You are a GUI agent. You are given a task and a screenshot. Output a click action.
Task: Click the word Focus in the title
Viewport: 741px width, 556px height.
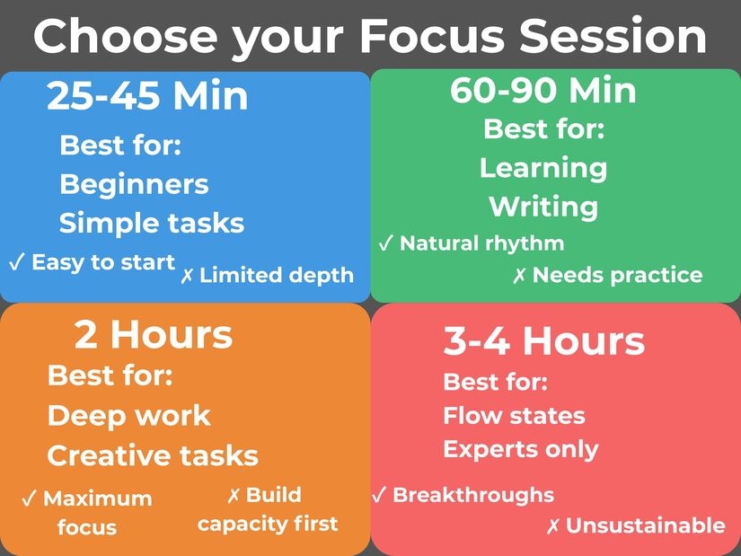pos(433,36)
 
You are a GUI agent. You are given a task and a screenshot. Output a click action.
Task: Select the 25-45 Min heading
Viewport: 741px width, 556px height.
pos(147,96)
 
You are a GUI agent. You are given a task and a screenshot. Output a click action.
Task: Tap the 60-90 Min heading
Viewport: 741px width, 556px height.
pos(543,90)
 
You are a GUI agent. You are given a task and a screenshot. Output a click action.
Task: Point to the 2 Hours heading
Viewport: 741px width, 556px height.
pos(153,335)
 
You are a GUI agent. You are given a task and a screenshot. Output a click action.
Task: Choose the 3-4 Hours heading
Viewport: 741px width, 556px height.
pos(543,341)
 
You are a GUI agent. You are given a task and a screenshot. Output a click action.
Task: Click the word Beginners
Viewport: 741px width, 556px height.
pos(134,184)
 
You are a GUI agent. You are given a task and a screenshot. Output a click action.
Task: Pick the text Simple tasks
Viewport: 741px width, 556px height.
pos(152,223)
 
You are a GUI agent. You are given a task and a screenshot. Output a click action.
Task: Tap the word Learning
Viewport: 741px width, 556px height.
pos(543,167)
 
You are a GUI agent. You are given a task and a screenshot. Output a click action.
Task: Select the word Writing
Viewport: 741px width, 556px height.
pos(543,207)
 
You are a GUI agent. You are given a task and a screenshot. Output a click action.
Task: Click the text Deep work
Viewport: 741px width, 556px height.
pos(128,416)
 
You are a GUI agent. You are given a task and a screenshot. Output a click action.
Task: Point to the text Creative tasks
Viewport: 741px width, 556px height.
pos(153,455)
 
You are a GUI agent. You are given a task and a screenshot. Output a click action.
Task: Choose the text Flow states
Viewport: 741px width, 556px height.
pos(514,416)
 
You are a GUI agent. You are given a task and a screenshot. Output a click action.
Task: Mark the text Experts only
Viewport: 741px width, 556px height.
pos(521,449)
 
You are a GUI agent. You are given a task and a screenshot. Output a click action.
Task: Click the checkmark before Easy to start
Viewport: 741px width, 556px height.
pos(16,262)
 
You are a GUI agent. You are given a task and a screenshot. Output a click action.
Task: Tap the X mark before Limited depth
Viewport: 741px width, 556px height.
pos(188,276)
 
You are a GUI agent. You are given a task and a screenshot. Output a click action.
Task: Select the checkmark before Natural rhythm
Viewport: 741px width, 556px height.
pos(385,243)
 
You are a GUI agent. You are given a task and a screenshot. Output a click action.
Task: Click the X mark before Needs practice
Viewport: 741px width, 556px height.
pos(519,276)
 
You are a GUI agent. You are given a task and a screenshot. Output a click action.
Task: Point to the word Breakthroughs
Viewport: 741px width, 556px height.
pos(473,495)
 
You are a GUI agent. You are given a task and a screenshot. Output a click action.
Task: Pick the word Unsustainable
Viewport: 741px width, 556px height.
pos(645,525)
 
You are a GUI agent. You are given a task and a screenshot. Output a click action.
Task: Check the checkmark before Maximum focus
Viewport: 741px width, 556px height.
pos(29,499)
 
